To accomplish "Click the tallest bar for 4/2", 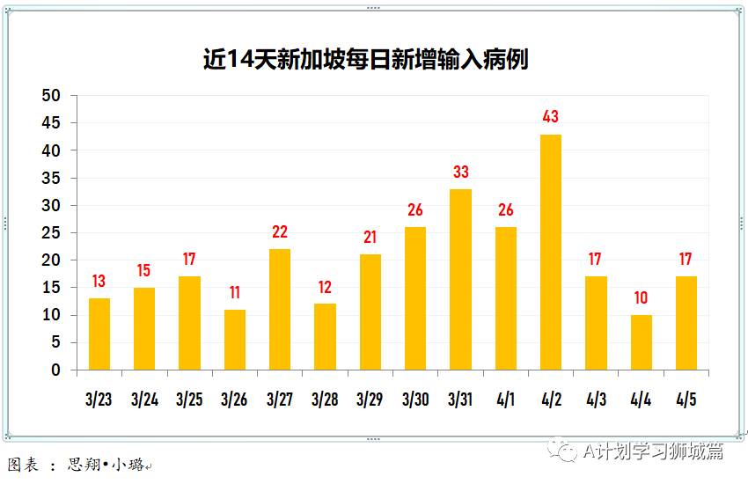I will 551,252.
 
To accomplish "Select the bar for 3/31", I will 460,279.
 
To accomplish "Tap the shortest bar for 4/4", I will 642,342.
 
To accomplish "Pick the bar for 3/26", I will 235,340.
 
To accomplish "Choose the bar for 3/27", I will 280,309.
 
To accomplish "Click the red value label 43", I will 551,116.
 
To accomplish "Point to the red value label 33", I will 460,172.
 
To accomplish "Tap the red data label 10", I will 642,298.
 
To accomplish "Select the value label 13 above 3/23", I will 99,282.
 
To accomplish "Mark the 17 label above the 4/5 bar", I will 686,260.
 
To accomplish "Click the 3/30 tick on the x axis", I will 415,400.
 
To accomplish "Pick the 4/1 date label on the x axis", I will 506,400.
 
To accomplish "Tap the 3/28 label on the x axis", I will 325,400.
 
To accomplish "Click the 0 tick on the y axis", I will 56,370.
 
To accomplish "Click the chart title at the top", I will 365,59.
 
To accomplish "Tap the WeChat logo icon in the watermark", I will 561,451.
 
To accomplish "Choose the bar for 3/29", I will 370,312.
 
